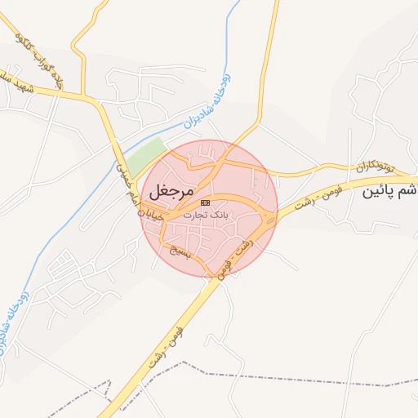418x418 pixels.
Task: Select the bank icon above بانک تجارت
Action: point(205,202)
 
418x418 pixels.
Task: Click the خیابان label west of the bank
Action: point(153,214)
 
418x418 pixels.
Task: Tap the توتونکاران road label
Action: point(374,168)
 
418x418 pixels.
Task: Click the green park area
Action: point(146,154)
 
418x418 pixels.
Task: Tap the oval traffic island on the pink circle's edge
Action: point(269,217)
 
